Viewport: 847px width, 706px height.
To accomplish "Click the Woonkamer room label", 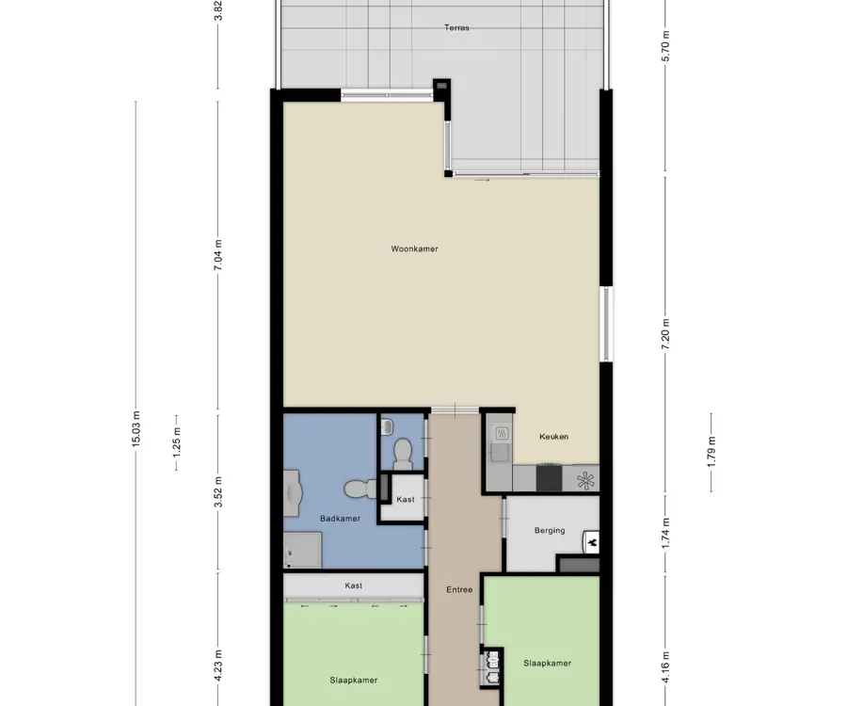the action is point(414,249).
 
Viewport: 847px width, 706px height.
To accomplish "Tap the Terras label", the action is point(456,27).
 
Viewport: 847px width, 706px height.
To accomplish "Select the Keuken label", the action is point(553,437).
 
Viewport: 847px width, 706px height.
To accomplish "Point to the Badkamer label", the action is point(340,519).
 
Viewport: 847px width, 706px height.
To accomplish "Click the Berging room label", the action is point(550,531).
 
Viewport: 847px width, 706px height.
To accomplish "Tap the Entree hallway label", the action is point(459,590).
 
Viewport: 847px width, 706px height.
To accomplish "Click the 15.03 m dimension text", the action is point(136,429).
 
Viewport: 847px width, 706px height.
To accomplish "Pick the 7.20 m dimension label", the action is point(665,334).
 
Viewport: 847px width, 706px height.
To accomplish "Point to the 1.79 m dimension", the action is point(711,452).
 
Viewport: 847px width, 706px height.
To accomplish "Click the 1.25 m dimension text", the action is point(177,442).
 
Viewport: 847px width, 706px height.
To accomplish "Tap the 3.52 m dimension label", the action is point(217,492).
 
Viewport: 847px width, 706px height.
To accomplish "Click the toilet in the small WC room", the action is point(401,453).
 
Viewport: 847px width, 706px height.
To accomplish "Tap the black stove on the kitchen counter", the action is point(550,478).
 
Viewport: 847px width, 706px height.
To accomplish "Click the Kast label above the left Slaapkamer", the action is point(353,586).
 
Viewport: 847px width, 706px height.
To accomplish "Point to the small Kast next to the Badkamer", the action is point(406,499).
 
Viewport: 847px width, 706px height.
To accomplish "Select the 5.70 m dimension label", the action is point(665,46).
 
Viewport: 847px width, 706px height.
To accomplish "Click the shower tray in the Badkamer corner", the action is point(303,550).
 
